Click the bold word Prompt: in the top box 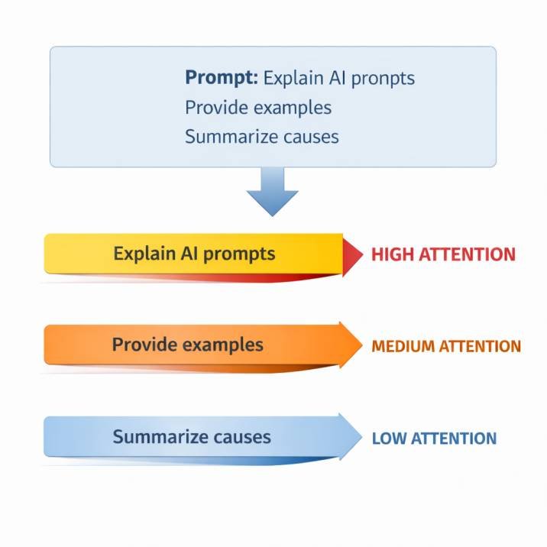221,78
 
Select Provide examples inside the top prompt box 258,108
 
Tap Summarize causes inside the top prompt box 261,137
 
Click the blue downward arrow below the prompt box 273,193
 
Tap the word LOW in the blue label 389,439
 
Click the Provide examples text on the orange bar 188,345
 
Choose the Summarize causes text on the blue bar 192,437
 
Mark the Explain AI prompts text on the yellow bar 194,253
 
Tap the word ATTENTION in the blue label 454,439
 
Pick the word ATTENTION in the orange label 479,346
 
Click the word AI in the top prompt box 331,78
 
